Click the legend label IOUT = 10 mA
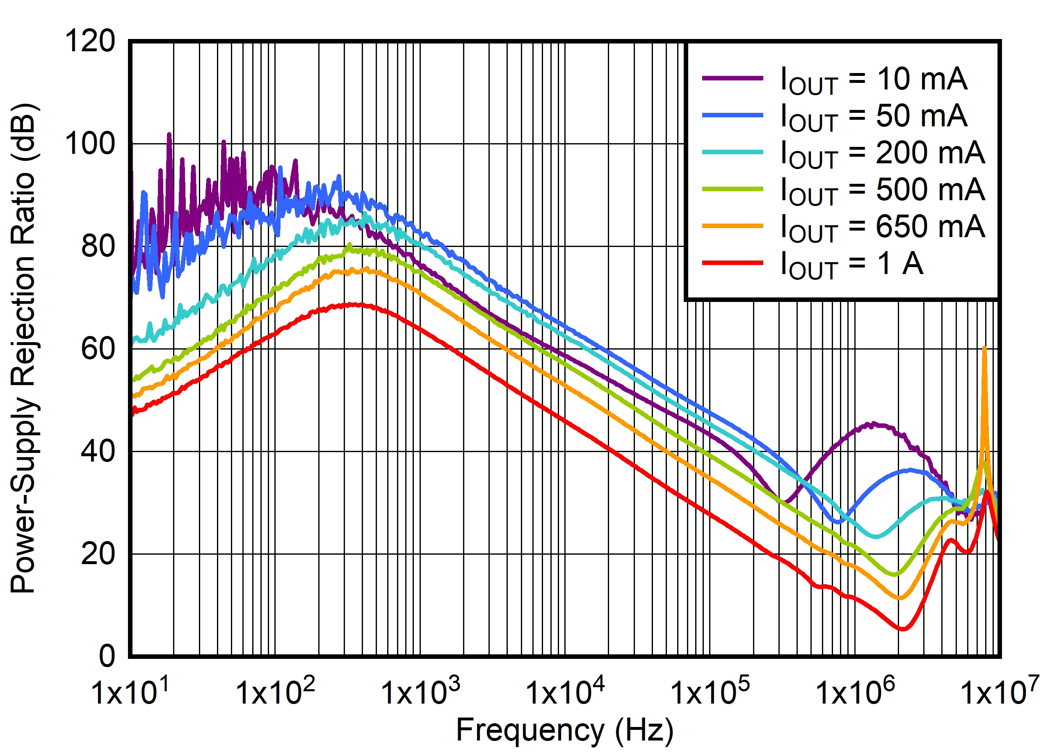pos(874,80)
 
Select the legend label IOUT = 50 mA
pos(874,117)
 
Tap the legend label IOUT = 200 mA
pos(883,154)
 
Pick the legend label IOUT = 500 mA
pos(883,190)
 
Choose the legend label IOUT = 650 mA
pos(883,227)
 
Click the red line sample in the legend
pos(732,263)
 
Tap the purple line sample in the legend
pos(732,78)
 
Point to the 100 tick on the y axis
pos(90,144)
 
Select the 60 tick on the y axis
pos(98,349)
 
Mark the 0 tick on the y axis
pos(107,656)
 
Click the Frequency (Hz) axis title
pos(565,731)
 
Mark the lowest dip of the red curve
pos(903,629)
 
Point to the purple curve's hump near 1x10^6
pos(872,424)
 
